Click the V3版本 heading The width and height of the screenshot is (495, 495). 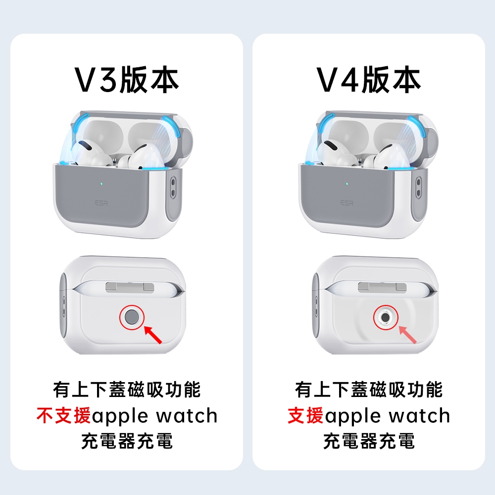tap(127, 80)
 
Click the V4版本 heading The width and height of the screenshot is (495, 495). tap(368, 80)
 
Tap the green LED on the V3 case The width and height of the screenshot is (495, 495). tap(101, 184)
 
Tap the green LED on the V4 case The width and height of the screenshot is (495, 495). tap(347, 184)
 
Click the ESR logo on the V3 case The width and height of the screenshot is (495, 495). tap(101, 203)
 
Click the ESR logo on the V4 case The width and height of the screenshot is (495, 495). tap(347, 203)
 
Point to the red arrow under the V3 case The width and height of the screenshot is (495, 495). tap(153, 335)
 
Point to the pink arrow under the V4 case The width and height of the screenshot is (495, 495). tap(407, 335)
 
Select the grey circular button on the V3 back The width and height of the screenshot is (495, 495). tap(132, 317)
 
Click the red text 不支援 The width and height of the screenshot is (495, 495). tap(64, 415)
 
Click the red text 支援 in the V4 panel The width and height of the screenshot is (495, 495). tap(305, 415)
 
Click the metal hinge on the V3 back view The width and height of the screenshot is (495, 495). tap(130, 287)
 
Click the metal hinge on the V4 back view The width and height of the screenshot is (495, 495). tap(382, 287)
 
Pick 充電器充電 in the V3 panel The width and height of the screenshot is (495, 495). tap(127, 441)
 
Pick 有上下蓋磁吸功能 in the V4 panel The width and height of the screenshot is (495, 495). tap(369, 390)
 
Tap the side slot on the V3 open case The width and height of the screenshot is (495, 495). tap(173, 188)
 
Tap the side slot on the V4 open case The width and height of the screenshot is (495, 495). tap(419, 188)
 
